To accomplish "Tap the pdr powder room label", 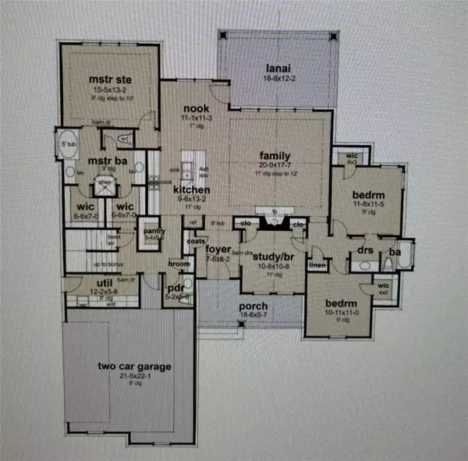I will click(x=175, y=287).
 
